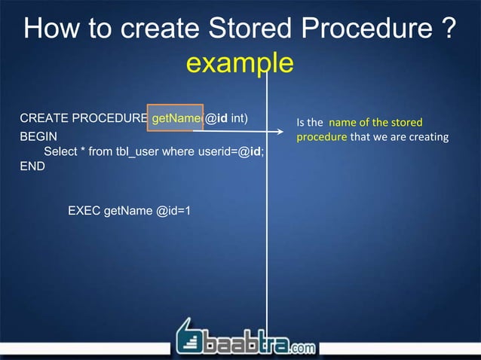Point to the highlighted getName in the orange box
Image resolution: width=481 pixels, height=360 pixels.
click(x=175, y=118)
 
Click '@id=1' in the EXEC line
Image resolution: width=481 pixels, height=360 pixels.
click(x=173, y=210)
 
